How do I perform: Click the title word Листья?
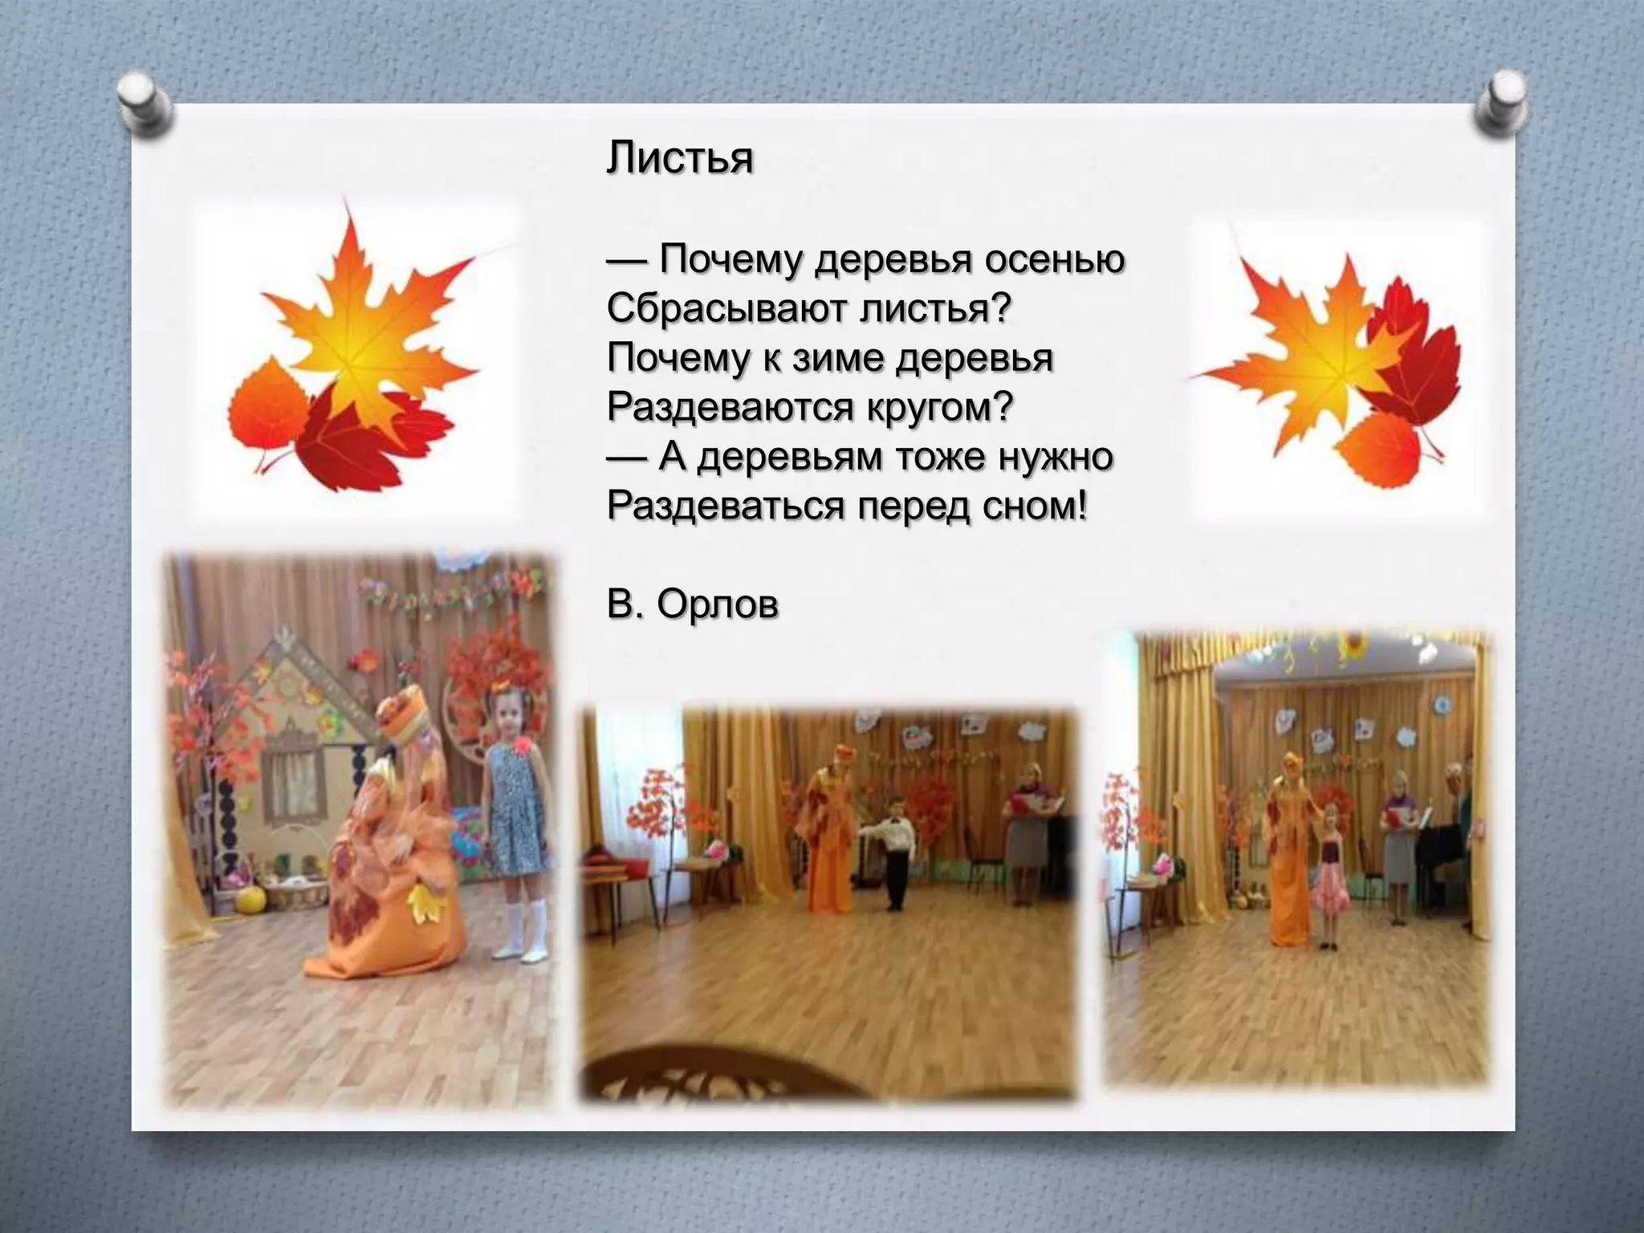[x=680, y=158]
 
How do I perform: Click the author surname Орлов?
[x=717, y=604]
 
